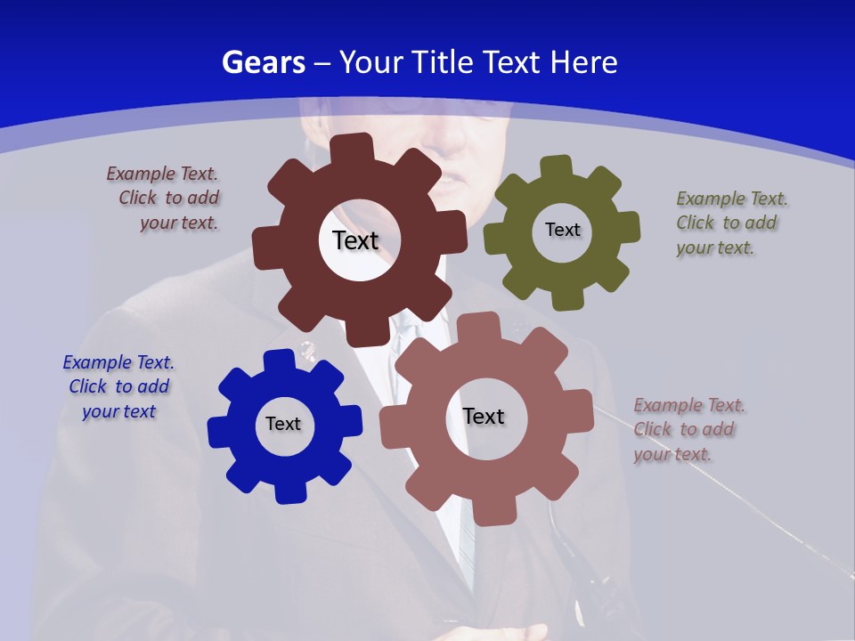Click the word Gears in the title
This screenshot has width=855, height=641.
[263, 62]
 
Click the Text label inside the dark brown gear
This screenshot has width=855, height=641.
[355, 240]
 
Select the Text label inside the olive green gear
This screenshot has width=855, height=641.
[562, 230]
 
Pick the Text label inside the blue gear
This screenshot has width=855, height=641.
[282, 424]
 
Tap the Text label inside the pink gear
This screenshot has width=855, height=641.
[484, 416]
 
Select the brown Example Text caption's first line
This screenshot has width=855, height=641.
[162, 174]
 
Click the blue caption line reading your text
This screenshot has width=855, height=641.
[119, 411]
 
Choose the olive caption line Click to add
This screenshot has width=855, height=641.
[726, 223]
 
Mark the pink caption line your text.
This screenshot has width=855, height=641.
[672, 454]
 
